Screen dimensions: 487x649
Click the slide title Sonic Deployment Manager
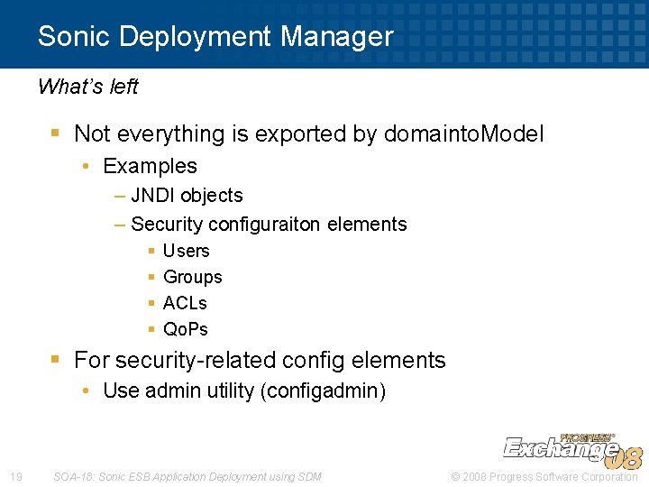tap(215, 37)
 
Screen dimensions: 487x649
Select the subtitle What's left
tap(87, 87)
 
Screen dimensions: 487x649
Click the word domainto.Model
tap(464, 134)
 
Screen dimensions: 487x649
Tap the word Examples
tap(150, 166)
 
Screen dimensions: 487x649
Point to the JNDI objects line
tap(187, 196)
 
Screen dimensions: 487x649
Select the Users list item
tap(186, 251)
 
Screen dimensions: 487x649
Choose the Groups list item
tap(192, 277)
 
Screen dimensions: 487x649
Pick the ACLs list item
tap(185, 303)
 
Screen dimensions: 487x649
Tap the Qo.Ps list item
tap(185, 329)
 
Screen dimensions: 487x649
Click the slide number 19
tap(15, 476)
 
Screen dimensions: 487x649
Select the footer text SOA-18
tap(75, 476)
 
